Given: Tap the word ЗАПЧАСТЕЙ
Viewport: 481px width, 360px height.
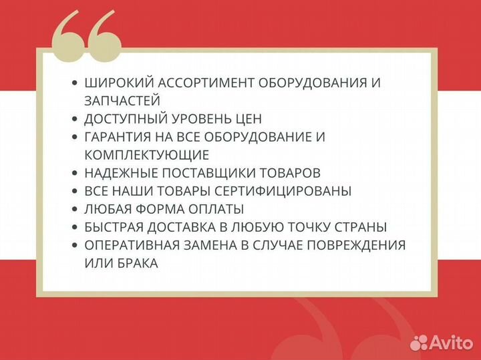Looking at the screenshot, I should click(122, 101).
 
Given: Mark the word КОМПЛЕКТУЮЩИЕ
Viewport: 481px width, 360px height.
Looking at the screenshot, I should click(147, 155).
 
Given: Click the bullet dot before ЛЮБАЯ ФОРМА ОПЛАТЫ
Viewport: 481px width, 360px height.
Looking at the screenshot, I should click(75, 210).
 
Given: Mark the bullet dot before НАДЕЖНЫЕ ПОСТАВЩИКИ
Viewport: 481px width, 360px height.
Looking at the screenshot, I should click(75, 174).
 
